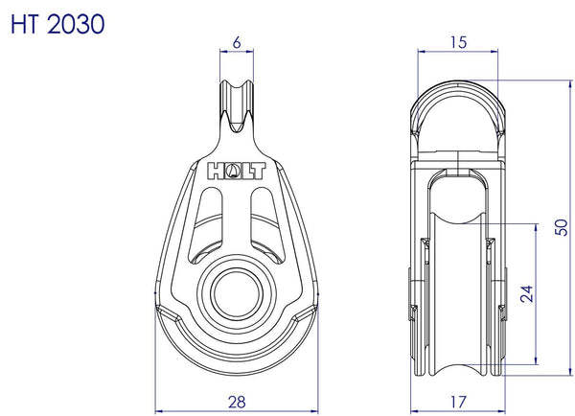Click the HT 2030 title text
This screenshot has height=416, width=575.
click(57, 22)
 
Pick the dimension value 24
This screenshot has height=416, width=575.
click(525, 293)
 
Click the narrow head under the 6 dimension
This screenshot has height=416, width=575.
click(236, 105)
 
